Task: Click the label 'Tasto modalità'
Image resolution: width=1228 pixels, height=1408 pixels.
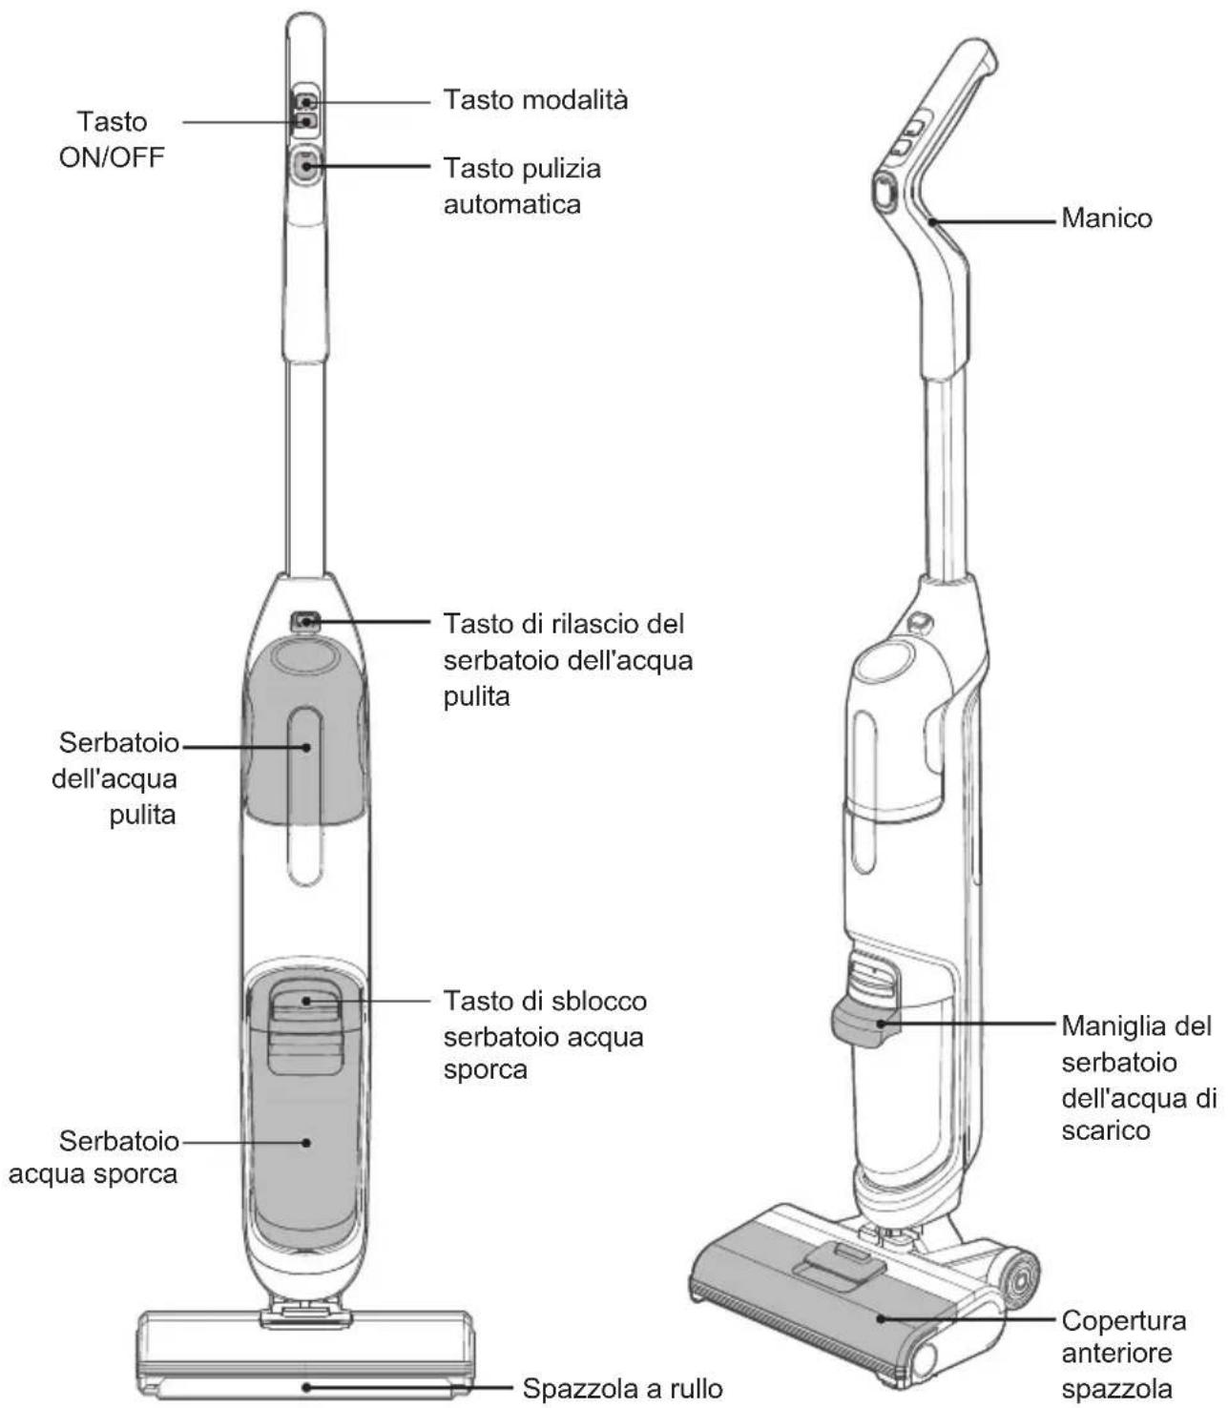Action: tap(535, 100)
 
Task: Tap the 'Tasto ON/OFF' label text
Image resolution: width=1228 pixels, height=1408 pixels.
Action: tap(112, 139)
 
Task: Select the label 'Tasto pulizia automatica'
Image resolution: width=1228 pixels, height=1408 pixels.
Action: tap(522, 186)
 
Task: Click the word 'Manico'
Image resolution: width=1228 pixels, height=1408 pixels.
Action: tap(1106, 218)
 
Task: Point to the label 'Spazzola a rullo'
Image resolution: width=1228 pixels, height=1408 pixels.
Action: tap(622, 1370)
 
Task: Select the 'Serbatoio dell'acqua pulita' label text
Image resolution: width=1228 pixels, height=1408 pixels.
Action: tap(114, 778)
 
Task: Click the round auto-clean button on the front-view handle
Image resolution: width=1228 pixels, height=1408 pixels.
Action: tap(304, 165)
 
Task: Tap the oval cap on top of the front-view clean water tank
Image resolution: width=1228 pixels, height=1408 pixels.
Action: tap(304, 654)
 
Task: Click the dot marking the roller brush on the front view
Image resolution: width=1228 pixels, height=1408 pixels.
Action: tap(307, 1369)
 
